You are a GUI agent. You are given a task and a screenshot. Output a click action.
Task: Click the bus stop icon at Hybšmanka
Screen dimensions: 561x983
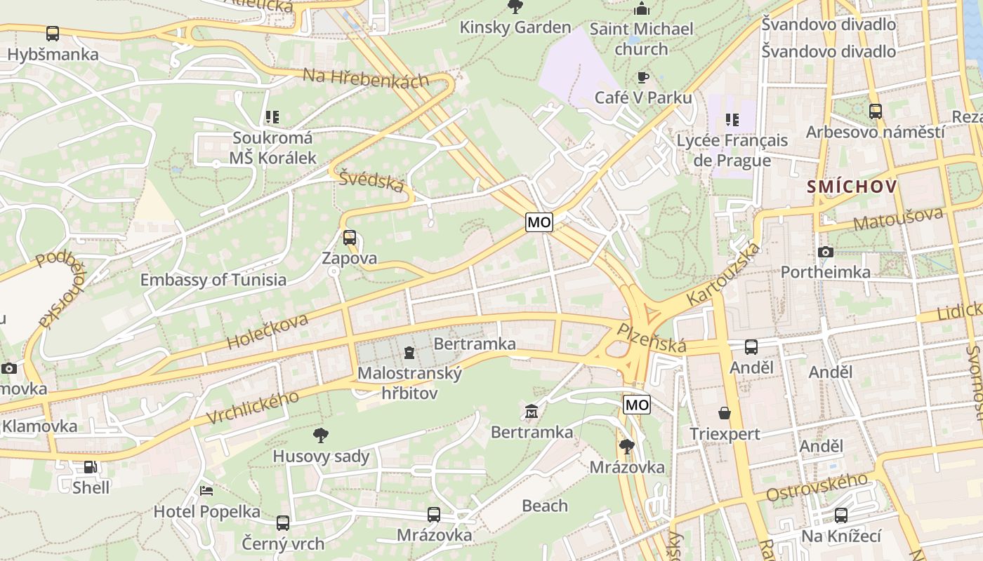(52, 33)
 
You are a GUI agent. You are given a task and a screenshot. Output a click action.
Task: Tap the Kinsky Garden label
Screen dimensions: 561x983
(515, 27)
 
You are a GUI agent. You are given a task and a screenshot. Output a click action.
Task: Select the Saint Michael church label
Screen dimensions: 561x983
(641, 39)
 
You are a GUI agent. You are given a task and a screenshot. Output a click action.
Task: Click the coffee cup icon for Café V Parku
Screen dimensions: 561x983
(642, 77)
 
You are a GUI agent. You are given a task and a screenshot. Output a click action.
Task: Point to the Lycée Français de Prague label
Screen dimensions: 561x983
(732, 150)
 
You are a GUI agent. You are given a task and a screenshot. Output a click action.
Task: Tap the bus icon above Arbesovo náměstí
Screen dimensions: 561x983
(875, 111)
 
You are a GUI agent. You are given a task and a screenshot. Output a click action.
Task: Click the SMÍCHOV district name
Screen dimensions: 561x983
(852, 187)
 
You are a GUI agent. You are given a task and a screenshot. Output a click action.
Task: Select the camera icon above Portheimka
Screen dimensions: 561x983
(826, 252)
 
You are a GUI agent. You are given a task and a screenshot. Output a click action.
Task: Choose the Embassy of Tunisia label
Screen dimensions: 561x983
(213, 280)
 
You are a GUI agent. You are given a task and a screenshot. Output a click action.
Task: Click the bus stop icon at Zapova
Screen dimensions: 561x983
(350, 237)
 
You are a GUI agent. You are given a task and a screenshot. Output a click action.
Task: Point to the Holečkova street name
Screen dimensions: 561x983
(268, 332)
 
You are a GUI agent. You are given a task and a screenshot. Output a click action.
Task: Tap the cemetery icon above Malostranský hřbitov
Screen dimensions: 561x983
(409, 352)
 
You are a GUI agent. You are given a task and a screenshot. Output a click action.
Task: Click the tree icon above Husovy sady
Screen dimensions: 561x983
(321, 435)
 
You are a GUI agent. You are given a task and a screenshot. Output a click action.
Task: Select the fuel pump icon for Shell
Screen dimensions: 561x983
(91, 466)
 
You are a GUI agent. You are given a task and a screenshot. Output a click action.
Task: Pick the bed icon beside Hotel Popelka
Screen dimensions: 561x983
(206, 490)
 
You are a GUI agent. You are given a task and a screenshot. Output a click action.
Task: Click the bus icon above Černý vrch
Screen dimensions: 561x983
(283, 522)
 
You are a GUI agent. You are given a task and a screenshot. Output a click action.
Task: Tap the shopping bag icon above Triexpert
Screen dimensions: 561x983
(725, 413)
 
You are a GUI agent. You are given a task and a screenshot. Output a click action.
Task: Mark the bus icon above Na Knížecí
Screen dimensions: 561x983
(841, 515)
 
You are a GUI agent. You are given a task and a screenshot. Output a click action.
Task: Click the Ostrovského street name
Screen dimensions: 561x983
(817, 487)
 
